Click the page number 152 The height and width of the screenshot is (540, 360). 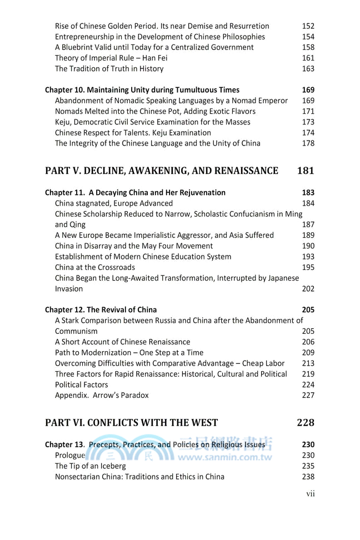(x=308, y=26)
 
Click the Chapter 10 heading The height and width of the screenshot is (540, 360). (x=142, y=90)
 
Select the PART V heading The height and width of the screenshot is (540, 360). (x=162, y=171)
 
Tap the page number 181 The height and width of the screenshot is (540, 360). (x=306, y=171)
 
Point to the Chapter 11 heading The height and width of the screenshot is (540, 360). (x=135, y=193)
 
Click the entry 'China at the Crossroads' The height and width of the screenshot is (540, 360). (x=94, y=267)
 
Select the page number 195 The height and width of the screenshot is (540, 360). (x=308, y=267)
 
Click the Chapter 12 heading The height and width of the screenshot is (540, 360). (x=101, y=310)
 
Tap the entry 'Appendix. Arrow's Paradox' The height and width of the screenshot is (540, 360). (x=102, y=396)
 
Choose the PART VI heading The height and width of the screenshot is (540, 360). (x=132, y=423)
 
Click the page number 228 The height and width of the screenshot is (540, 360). (x=306, y=423)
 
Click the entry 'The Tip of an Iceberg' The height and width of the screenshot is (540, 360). (x=90, y=466)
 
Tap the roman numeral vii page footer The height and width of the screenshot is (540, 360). (x=310, y=494)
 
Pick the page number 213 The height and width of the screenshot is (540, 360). (x=308, y=363)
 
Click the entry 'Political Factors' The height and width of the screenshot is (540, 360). (x=81, y=385)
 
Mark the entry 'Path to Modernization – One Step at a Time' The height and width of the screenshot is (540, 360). (x=129, y=353)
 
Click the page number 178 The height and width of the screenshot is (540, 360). (x=308, y=143)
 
